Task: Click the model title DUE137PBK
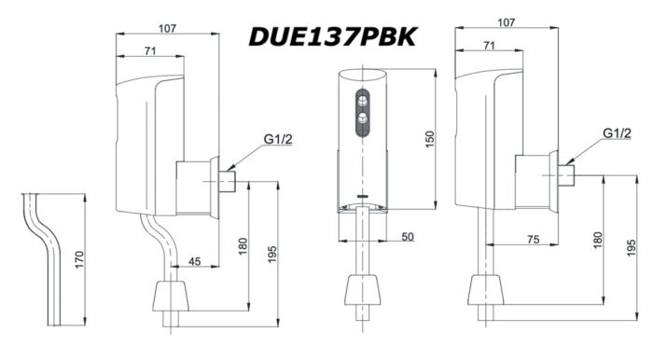point(332,36)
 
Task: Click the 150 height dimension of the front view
point(429,137)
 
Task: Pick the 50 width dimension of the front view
point(408,238)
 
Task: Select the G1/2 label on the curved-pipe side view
point(277,139)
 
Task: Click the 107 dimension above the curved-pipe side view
point(167,28)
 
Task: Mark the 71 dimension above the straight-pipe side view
point(489,45)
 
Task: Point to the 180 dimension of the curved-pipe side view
point(243,246)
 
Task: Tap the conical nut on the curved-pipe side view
point(173,297)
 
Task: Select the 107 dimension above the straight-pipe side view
point(507,21)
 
